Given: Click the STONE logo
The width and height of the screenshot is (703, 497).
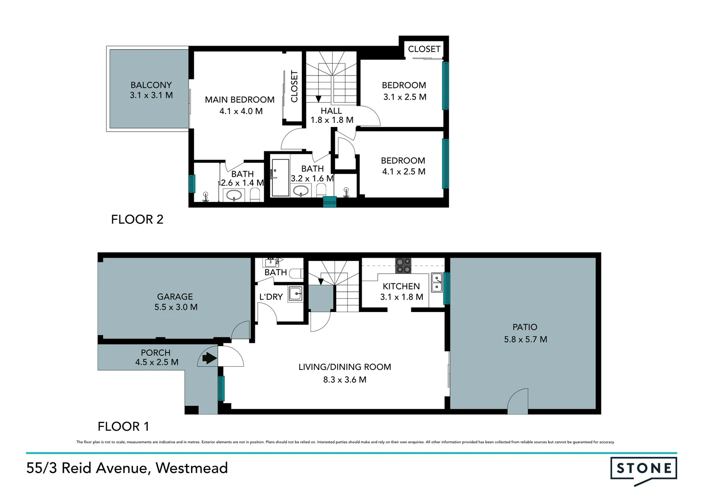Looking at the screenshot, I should click(x=643, y=469).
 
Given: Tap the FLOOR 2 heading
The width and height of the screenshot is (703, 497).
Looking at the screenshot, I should click(x=137, y=220).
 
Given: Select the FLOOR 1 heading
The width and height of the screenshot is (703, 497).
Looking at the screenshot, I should click(x=123, y=427).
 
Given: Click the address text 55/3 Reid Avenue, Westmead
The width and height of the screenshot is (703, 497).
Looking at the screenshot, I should click(x=127, y=468).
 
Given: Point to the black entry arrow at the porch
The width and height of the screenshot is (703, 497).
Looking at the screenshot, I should click(x=209, y=358).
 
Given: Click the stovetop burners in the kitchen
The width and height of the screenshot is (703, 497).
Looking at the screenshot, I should click(x=403, y=266).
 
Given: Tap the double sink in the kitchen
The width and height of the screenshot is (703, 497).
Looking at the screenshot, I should click(x=436, y=283).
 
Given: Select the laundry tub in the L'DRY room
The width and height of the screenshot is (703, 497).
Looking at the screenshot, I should click(x=295, y=293).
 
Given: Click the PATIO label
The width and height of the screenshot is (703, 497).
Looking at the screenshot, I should click(x=524, y=327).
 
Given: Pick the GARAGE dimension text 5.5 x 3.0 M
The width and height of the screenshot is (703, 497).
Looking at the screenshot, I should click(x=176, y=307).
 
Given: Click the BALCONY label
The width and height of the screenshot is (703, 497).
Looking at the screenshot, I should click(x=151, y=85).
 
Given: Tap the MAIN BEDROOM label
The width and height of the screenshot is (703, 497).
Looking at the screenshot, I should click(x=240, y=100).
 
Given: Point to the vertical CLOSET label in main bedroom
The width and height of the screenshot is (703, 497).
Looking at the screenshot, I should click(x=294, y=87).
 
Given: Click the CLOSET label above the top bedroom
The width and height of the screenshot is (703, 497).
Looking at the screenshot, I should click(x=424, y=49).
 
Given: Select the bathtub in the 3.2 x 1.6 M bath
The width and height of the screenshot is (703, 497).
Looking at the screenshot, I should click(x=280, y=178).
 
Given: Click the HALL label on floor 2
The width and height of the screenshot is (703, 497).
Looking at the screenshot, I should click(x=331, y=111).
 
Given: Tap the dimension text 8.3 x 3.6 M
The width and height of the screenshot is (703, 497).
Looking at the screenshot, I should click(x=345, y=380).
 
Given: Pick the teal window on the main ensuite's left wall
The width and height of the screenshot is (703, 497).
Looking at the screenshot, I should click(x=192, y=184).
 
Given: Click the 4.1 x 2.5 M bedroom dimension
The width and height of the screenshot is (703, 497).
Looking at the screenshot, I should click(x=403, y=172).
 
